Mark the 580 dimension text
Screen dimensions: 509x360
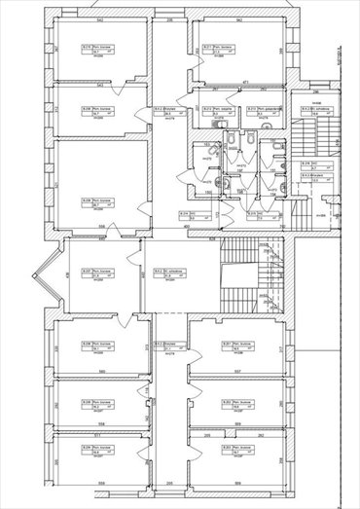coord(101,370)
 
